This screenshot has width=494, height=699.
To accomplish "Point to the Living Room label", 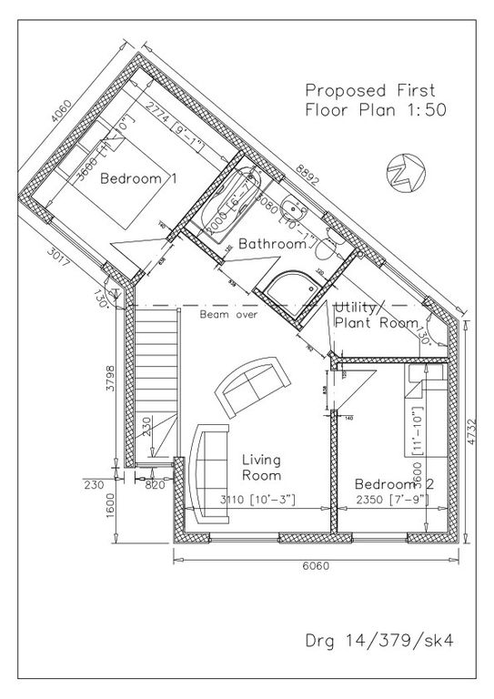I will tap(260, 468).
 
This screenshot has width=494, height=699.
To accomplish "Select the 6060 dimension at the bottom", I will tap(315, 565).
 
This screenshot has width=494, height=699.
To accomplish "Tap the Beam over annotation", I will tap(229, 314).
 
